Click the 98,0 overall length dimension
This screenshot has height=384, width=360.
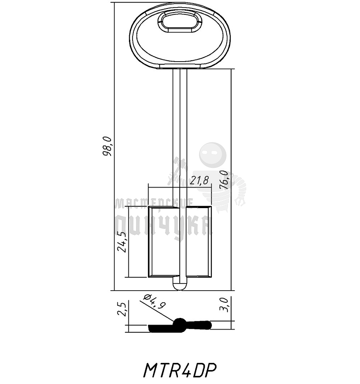[x=108, y=146]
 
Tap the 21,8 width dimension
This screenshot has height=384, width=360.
[x=199, y=181]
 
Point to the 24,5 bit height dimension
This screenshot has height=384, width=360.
[x=122, y=241]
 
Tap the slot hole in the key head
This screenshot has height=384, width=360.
[x=180, y=22]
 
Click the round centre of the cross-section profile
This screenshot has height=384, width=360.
[x=180, y=325]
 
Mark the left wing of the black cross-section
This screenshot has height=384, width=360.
[x=161, y=329]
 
